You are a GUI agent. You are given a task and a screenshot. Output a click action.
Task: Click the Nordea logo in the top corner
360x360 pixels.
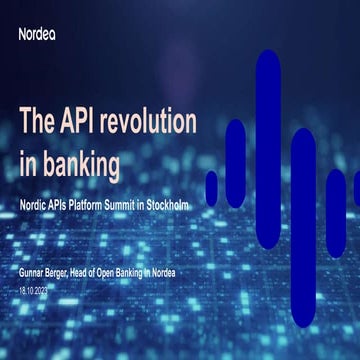pyautogui.click(x=38, y=33)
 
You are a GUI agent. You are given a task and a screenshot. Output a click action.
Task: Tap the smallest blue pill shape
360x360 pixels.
pyautogui.click(x=211, y=186)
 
